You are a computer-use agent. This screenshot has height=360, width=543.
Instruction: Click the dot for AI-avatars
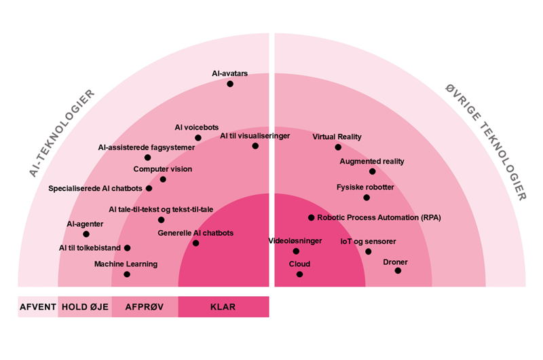[230, 84]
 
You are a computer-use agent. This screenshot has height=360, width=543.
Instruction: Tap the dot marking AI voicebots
[198, 138]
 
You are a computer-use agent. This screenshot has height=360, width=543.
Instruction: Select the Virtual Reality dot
[338, 147]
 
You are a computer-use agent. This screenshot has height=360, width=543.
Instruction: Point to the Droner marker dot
[398, 270]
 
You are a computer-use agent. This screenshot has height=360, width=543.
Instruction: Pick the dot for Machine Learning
[127, 274]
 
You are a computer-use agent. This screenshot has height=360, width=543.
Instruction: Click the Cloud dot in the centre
[299, 274]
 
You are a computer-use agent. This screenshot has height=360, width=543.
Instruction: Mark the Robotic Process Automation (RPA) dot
[311, 218]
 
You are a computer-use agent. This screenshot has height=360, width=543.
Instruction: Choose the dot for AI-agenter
[86, 234]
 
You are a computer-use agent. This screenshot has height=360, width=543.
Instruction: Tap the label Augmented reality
[372, 162]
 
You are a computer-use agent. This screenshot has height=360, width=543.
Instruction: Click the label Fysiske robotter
[365, 187]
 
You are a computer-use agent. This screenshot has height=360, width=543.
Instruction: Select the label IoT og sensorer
[368, 241]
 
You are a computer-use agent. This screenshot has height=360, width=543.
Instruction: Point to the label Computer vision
[162, 169]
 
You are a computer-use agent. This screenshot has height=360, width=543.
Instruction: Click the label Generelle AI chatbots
[195, 233]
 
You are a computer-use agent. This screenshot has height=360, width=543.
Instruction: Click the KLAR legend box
[223, 307]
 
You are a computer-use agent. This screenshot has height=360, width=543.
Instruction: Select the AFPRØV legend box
[145, 307]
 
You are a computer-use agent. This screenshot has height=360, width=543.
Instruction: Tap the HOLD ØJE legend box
[85, 307]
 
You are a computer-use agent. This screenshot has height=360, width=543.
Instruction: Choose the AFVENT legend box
[37, 307]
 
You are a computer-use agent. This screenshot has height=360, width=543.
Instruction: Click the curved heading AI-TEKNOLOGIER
[62, 133]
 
